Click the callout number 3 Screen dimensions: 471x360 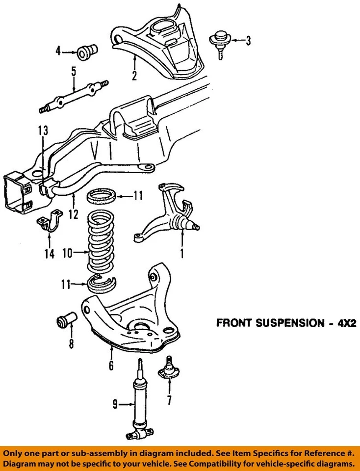click(x=248, y=41)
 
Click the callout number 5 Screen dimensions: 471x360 click(x=74, y=72)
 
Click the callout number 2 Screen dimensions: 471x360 click(x=134, y=76)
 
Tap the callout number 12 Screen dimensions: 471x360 click(x=74, y=214)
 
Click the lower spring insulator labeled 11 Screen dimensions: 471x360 click(x=103, y=283)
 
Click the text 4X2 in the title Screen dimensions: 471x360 click(x=339, y=324)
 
